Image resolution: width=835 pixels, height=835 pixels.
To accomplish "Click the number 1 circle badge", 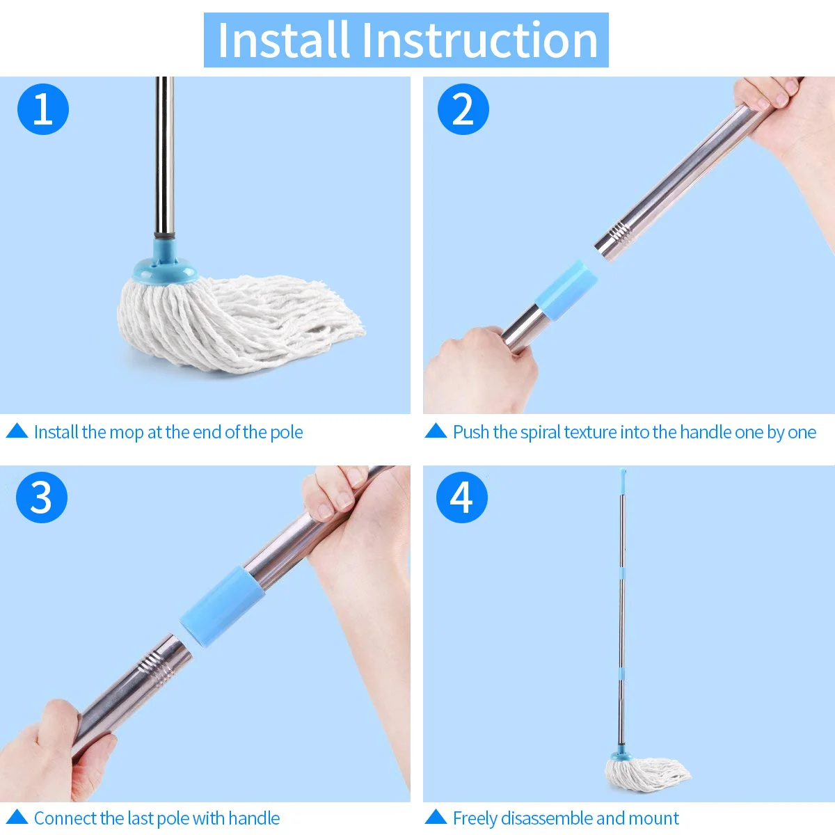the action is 43,109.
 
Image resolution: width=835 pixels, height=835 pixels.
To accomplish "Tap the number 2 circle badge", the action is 463,109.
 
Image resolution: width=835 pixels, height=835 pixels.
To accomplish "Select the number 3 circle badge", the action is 42,498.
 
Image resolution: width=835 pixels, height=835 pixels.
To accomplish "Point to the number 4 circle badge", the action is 462,498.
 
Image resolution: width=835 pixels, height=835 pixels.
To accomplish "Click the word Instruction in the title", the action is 479,40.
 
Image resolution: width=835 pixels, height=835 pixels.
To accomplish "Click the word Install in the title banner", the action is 283,40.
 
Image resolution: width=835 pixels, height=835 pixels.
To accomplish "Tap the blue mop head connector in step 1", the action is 166,262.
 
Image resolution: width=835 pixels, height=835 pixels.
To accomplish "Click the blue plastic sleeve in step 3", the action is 222,606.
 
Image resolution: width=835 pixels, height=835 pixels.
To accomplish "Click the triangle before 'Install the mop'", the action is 17,431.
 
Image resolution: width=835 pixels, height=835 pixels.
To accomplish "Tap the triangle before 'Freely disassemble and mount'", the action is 436,817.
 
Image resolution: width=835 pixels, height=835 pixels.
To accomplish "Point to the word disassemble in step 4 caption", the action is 546,818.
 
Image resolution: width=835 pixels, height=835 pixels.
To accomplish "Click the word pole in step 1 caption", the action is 287,433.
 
